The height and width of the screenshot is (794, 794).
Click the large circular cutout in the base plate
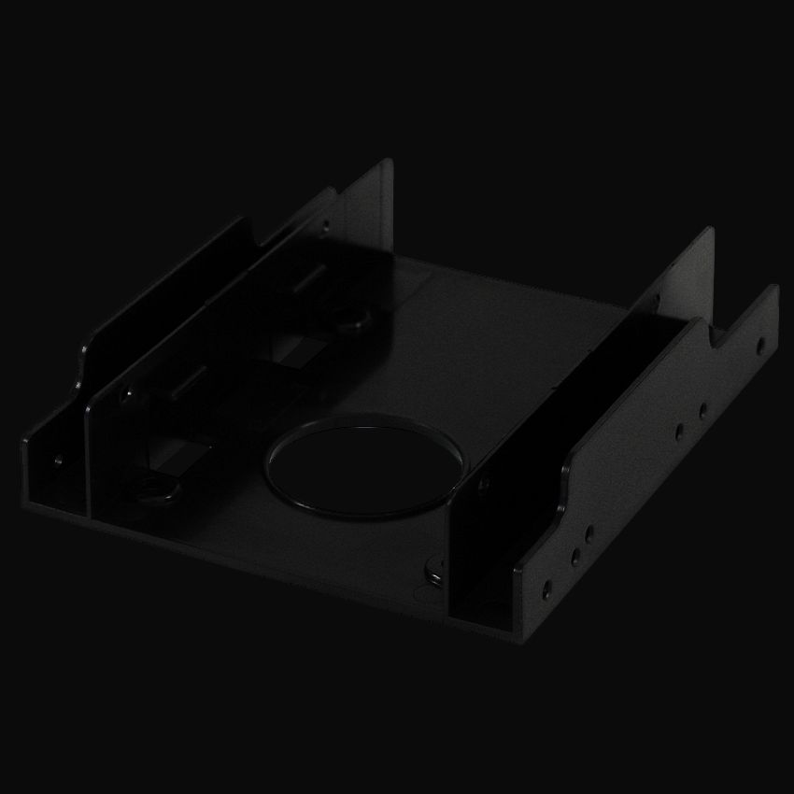coord(366,466)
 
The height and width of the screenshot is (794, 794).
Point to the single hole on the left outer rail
coord(58,459)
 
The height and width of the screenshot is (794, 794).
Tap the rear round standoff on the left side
coord(352,321)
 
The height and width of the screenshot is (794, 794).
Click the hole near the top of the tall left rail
coord(324,224)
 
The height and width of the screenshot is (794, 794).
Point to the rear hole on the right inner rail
coord(655,301)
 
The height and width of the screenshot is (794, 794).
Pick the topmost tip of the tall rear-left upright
coord(387,161)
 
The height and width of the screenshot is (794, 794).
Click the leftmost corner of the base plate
coord(21,443)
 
